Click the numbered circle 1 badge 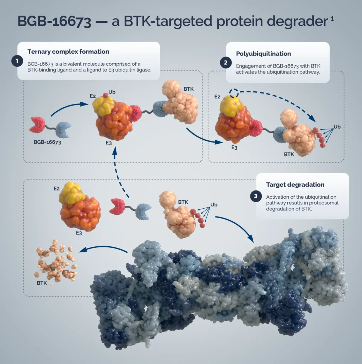pos(17,61)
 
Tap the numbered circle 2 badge pos(226,63)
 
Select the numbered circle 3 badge pos(256,196)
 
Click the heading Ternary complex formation pos(68,52)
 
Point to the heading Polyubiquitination pos(263,54)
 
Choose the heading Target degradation pos(295,184)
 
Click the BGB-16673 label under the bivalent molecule pos(47,142)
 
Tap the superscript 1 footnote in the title pos(332,18)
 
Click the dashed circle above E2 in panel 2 pos(234,93)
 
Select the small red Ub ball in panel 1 pos(106,95)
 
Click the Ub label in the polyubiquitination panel pos(337,127)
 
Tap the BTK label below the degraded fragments pos(42,283)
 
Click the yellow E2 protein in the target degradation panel pos(72,193)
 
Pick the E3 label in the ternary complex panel pos(109,143)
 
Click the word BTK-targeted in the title pos(168,21)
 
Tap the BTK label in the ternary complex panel pos(188,89)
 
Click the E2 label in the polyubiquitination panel pos(217,97)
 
